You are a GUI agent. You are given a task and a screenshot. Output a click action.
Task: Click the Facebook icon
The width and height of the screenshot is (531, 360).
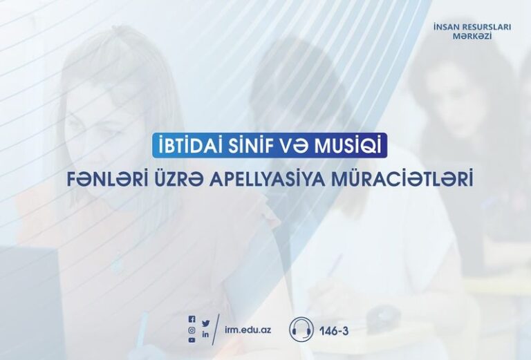(192, 319)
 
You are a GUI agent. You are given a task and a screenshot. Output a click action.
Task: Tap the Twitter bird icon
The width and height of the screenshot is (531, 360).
(205, 323)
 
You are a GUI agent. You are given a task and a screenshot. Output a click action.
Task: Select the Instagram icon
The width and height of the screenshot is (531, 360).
(192, 330)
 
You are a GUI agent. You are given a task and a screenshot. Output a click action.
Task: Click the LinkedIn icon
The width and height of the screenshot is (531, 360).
(205, 334)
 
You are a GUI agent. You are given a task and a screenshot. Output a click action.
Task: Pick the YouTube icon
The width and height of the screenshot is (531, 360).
(192, 340)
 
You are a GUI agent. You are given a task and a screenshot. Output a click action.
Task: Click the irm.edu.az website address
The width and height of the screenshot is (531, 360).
(248, 330)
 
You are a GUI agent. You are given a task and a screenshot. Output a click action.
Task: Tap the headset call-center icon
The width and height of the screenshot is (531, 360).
(301, 328)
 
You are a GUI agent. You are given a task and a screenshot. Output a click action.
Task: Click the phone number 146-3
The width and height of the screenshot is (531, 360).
(334, 330)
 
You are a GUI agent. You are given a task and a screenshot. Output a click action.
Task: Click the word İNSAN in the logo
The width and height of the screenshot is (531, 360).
(447, 28)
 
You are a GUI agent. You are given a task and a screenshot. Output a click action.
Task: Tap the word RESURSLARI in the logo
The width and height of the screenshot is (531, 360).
(486, 28)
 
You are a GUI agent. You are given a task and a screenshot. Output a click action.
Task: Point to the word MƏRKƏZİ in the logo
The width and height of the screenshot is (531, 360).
(472, 36)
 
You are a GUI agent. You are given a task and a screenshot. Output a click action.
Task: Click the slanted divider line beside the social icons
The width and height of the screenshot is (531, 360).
(216, 329)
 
